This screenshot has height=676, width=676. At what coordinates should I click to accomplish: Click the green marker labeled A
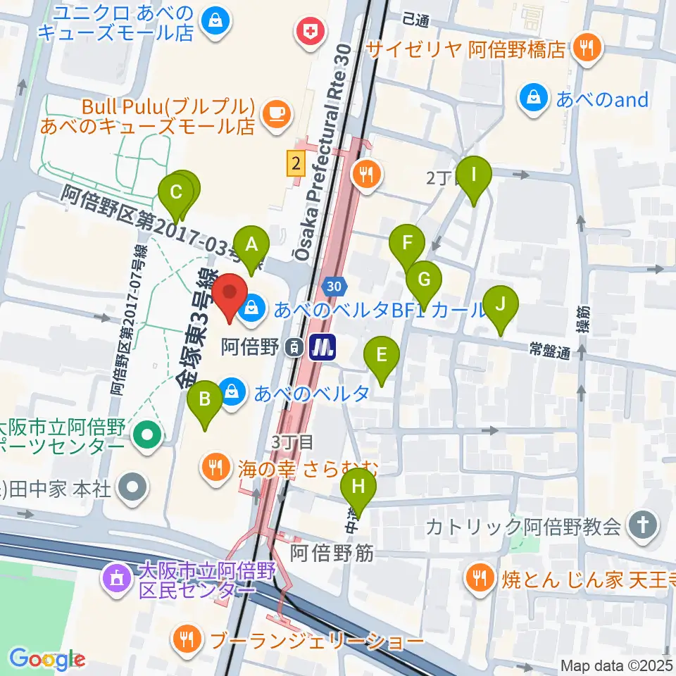pos(251,247)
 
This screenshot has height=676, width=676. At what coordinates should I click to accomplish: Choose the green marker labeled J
pos(501,306)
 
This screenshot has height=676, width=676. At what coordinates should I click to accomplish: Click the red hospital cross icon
pos(308,30)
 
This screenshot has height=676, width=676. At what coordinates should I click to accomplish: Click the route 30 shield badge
pos(334,286)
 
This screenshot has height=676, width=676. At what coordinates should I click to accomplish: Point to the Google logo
pos(46,659)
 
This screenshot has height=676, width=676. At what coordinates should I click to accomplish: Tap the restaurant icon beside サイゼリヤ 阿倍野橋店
pos(586,48)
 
